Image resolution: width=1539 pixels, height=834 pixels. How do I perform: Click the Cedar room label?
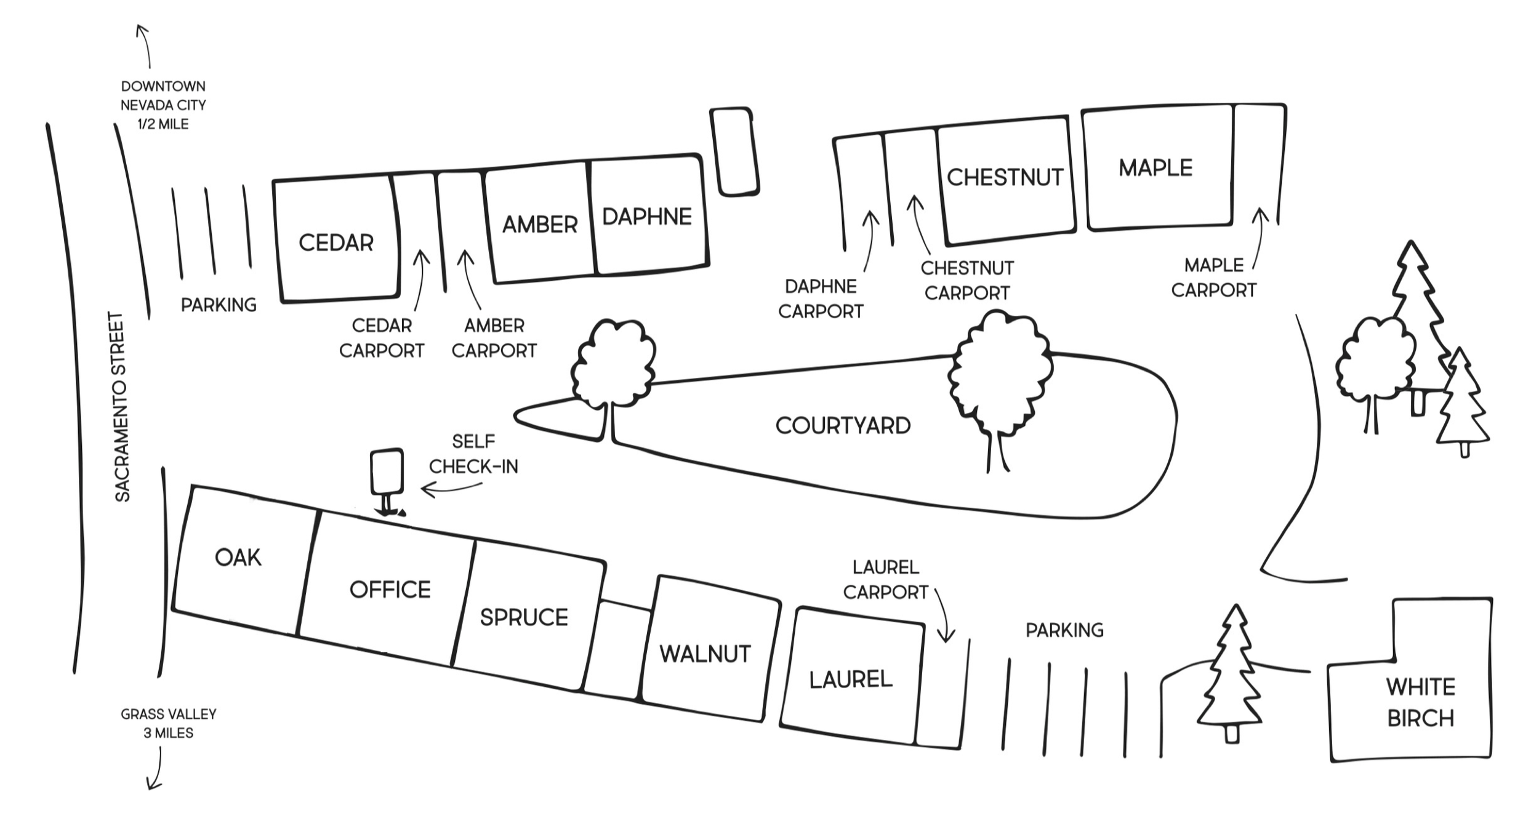pos(336,243)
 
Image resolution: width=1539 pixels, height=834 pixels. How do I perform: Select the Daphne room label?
pos(647,217)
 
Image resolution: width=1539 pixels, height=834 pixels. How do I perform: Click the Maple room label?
pos(1155,167)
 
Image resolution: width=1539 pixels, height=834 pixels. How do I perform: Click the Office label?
pos(390,590)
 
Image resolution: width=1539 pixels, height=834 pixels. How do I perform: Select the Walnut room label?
pos(705,654)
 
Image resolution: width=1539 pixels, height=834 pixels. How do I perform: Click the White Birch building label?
pos(1421,702)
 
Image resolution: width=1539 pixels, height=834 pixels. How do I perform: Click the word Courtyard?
pos(843,425)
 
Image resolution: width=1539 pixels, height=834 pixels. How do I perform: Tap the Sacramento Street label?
pos(123,407)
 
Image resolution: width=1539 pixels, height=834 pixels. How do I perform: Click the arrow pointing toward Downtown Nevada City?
pos(144,46)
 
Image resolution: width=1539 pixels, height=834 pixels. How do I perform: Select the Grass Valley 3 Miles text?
pos(169,723)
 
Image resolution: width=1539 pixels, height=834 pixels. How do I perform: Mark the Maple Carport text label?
pos(1213,278)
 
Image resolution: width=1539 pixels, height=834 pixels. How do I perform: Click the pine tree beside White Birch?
pos(1230,673)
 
